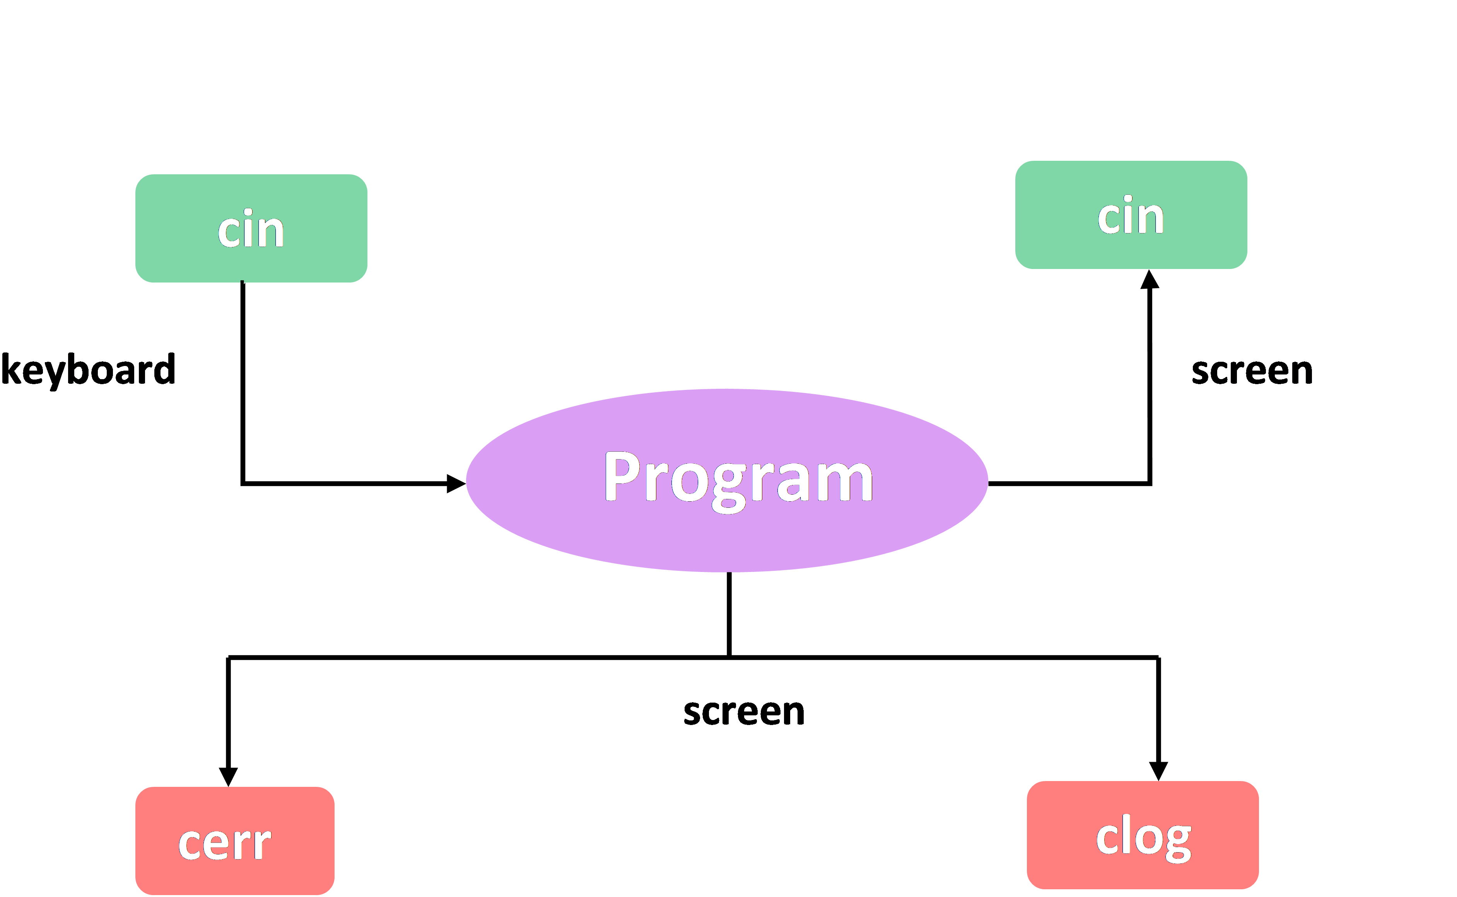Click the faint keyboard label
88,369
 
